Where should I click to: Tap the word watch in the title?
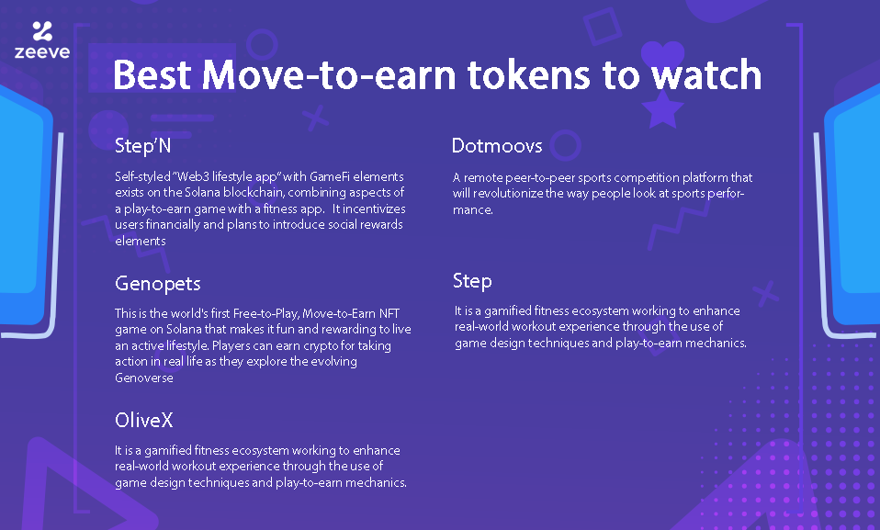[x=706, y=74]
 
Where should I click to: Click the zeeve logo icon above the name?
[x=42, y=31]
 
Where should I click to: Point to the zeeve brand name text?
[x=42, y=52]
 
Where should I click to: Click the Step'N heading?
[x=142, y=146]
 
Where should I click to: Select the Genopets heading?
[x=158, y=284]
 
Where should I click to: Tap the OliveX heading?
[x=143, y=420]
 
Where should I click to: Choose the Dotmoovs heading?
[x=497, y=146]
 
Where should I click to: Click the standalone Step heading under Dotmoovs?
[x=472, y=281]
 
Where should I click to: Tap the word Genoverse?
[x=144, y=378]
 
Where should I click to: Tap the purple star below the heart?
[x=663, y=108]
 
